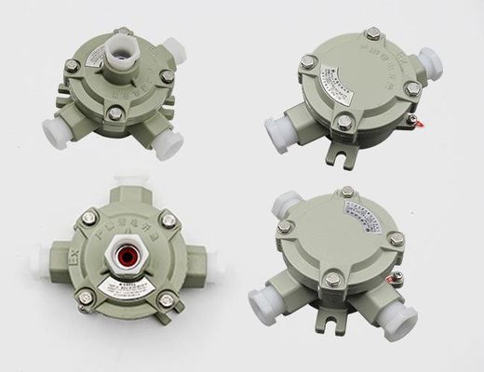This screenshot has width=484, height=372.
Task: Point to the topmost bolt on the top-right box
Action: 370,35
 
